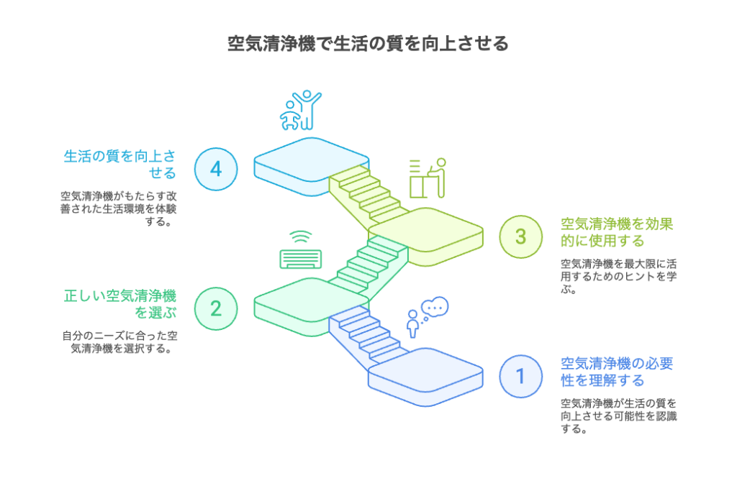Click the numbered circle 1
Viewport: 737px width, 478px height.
pos(521,376)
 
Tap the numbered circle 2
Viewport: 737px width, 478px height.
pos(216,308)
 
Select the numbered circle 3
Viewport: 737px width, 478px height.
pos(521,236)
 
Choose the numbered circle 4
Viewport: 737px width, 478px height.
pos(216,169)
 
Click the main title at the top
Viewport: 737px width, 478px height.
pos(368,43)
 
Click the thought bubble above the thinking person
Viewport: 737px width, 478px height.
pos(435,308)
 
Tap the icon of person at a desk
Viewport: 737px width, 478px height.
pos(428,178)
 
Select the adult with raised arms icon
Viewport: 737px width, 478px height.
pos(307,110)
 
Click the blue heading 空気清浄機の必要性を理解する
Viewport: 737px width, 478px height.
pos(617,372)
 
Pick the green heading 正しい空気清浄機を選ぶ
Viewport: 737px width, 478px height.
pos(120,304)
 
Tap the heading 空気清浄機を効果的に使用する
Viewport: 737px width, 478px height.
pos(617,232)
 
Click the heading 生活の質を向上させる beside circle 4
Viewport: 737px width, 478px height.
pos(120,165)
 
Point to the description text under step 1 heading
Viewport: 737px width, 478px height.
pos(618,416)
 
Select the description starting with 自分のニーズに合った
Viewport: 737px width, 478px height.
pos(120,342)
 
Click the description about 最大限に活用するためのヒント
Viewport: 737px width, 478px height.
pos(618,277)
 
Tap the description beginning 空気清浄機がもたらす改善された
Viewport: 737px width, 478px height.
pos(119,208)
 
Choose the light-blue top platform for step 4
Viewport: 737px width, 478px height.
pos(311,166)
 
